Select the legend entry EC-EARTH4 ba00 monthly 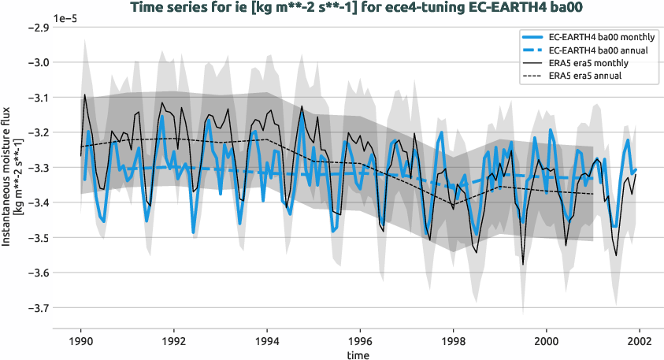point(603,37)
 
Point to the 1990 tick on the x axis point(80,343)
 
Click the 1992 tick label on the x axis point(174,343)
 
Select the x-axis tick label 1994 point(267,343)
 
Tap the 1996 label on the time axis point(361,343)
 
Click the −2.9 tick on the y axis point(39,28)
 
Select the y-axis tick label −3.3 point(39,168)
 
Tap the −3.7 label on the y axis point(39,308)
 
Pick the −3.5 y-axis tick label point(39,238)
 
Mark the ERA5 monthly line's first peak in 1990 point(85,95)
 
